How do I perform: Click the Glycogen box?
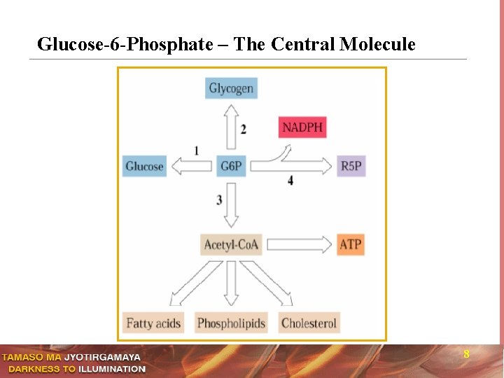231,88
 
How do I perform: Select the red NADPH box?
302,127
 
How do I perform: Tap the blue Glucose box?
144,166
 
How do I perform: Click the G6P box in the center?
231,166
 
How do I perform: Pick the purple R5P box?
351,166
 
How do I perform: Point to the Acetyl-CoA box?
231,244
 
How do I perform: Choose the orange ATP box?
350,244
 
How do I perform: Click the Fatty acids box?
153,323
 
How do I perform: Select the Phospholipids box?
231,323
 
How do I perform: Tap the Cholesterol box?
309,323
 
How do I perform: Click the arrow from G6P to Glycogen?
231,127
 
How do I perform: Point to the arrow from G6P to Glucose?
192,166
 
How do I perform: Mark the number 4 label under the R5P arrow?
290,181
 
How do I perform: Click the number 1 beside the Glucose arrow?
196,150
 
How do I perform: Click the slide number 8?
466,355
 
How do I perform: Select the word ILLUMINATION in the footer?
112,369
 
